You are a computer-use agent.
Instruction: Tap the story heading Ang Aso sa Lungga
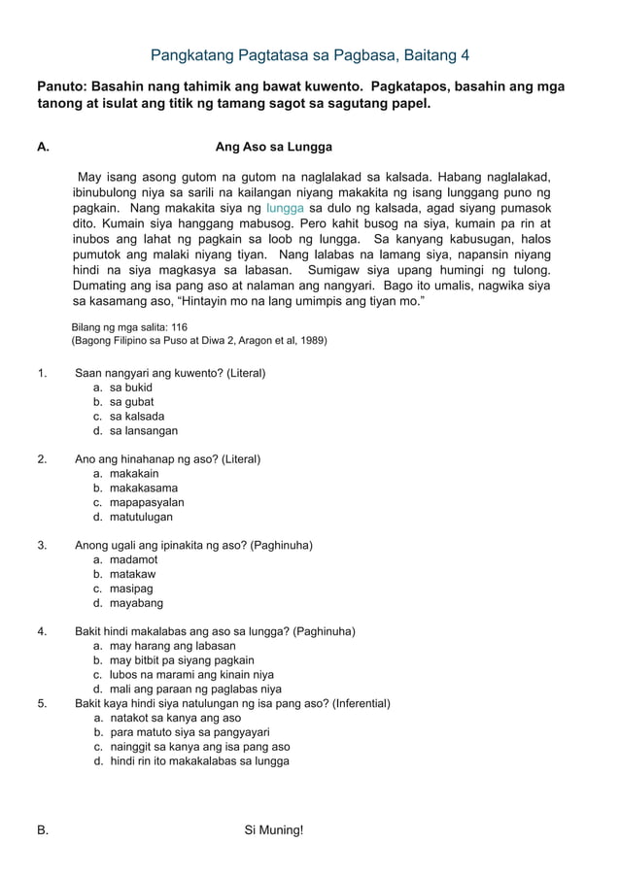click(273, 148)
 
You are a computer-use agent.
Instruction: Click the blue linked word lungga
click(285, 209)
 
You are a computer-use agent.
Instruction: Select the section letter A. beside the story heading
click(43, 148)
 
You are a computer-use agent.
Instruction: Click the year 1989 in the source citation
click(311, 341)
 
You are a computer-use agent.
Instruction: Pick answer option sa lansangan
click(143, 431)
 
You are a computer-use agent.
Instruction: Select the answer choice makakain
click(134, 474)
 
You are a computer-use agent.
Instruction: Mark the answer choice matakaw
click(133, 574)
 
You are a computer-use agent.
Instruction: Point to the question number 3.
click(43, 546)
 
